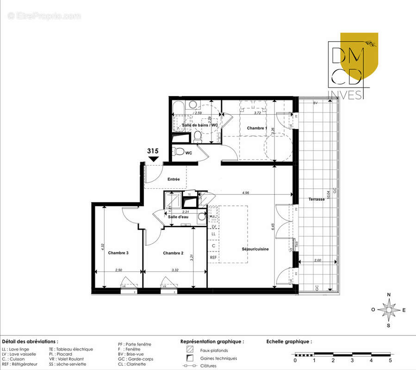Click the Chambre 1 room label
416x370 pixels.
[257, 128]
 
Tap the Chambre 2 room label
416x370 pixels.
[174, 253]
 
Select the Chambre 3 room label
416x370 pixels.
[118, 253]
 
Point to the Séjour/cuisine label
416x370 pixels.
[255, 249]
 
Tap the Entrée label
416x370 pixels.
[174, 179]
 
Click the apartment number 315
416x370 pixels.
[153, 151]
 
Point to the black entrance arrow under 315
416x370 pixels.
[153, 159]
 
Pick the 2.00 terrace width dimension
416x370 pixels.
[317, 260]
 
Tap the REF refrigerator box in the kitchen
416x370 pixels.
[213, 257]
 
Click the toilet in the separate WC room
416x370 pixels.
[177, 151]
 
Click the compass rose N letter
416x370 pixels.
[389, 295]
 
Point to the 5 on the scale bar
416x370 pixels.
[390, 360]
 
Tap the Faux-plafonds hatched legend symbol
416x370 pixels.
[189, 350]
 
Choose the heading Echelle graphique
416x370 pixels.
[289, 341]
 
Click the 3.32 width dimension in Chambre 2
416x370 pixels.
[175, 269]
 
